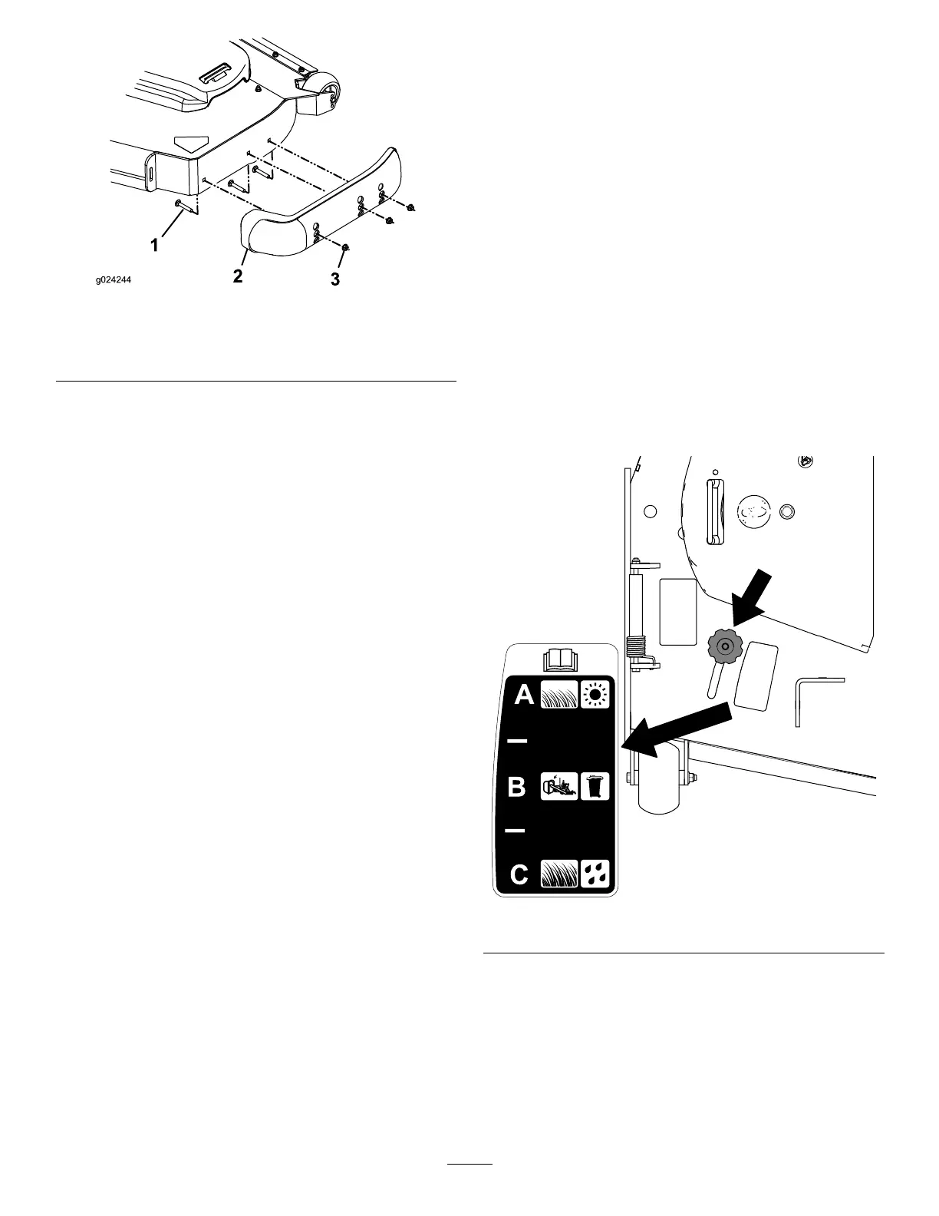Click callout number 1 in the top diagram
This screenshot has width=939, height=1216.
(155, 245)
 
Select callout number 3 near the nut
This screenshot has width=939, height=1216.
(335, 280)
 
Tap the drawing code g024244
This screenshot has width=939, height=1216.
(114, 281)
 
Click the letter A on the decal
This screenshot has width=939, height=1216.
(524, 695)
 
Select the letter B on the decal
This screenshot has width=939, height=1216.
(518, 787)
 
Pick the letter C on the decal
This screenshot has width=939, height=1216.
(519, 874)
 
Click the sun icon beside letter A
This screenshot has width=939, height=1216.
(595, 695)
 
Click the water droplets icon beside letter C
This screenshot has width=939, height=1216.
(595, 874)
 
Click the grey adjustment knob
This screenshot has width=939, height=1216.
(722, 647)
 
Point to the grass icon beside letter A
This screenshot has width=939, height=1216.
(558, 695)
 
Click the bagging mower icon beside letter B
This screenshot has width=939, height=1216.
(558, 786)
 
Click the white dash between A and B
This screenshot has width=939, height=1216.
(517, 741)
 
